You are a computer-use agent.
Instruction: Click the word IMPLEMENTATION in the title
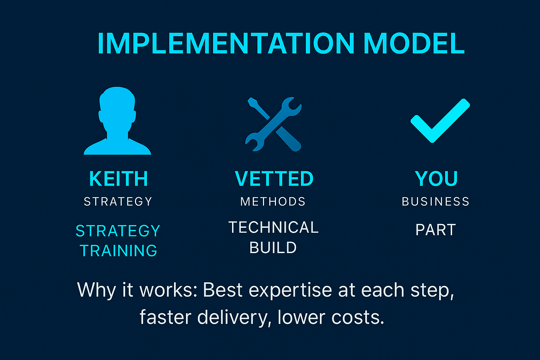[x=225, y=44]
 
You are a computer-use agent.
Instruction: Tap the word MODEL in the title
[x=414, y=44]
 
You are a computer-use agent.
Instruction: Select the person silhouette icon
[x=117, y=121]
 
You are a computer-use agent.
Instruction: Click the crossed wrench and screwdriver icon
[x=273, y=124]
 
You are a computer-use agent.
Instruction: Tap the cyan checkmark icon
[x=440, y=120]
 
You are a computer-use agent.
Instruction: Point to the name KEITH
[x=118, y=179]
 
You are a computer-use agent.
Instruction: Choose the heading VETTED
[x=274, y=179]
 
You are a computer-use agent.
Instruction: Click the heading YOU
[x=436, y=179]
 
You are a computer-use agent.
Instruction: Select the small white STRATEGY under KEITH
[x=118, y=201]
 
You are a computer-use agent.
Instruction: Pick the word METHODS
[x=273, y=201]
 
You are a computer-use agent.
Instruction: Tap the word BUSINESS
[x=436, y=201]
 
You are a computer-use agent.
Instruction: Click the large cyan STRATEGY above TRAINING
[x=118, y=231]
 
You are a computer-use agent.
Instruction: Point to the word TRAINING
[x=118, y=251]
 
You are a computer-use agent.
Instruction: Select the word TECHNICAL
[x=273, y=227]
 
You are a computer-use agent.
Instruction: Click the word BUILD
[x=273, y=247]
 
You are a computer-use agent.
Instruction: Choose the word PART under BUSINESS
[x=436, y=230]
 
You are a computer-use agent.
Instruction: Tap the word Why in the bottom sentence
[x=96, y=290]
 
